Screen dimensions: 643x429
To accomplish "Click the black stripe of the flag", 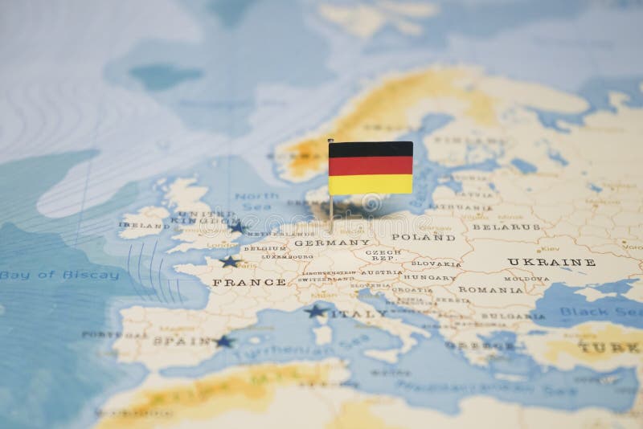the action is [371, 149].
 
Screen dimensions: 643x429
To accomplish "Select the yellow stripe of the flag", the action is [371, 184].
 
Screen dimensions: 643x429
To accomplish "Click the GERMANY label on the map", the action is [321, 242].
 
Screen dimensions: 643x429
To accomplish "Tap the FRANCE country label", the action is [249, 282].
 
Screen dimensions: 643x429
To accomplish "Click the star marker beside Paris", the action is [230, 261].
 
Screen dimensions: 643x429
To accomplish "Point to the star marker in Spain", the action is [223, 341].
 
